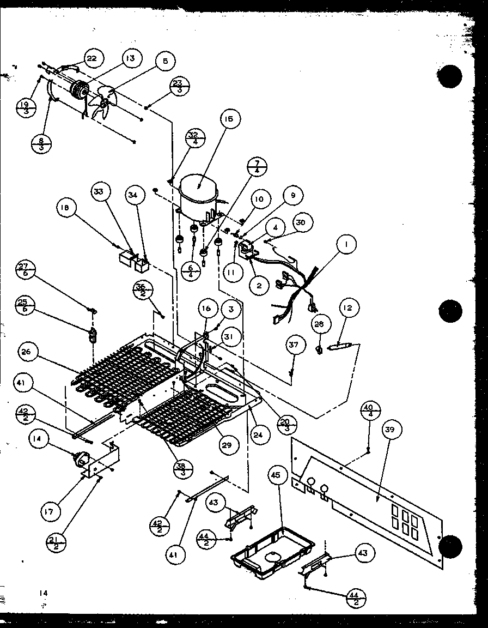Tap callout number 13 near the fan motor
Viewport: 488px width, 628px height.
tap(132, 58)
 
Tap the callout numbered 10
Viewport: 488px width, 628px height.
tap(259, 200)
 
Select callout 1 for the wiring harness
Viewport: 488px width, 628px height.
tap(345, 245)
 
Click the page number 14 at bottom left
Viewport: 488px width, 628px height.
tap(44, 593)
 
